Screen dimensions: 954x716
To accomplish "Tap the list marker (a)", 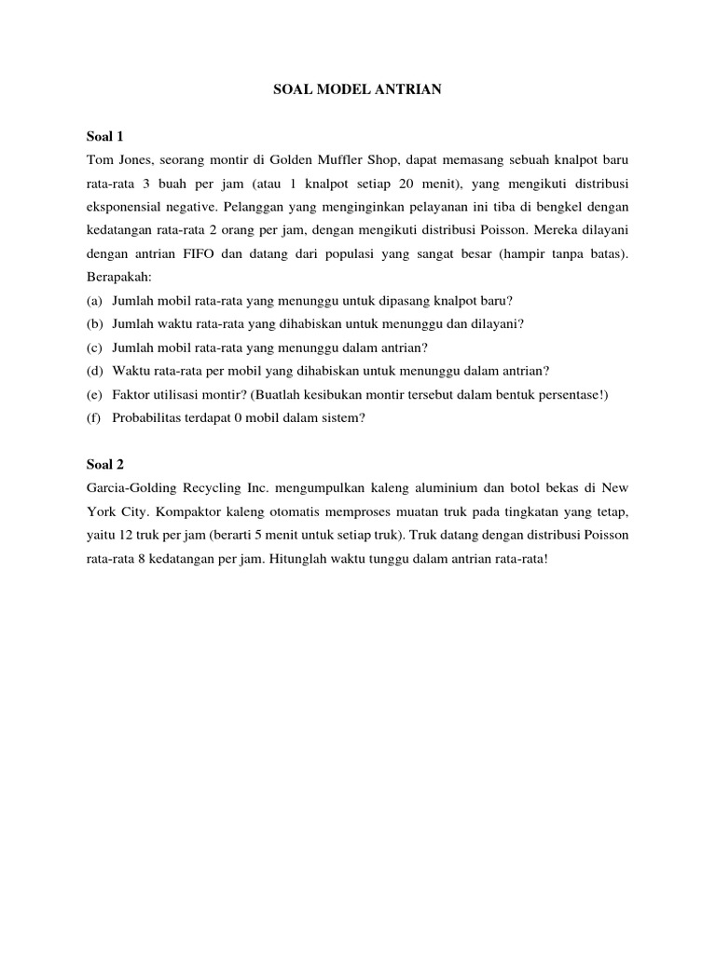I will (x=94, y=300).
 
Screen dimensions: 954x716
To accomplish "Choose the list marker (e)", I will (x=94, y=394).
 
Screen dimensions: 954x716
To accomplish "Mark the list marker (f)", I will (x=94, y=417).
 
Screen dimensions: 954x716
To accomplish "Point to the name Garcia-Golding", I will (x=129, y=487).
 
